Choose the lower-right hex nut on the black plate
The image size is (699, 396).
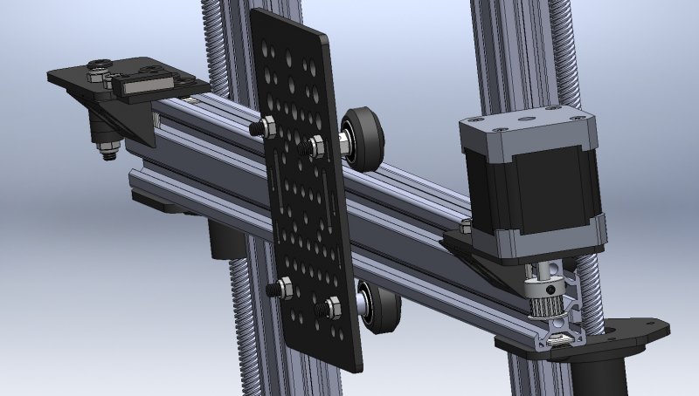331,307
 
